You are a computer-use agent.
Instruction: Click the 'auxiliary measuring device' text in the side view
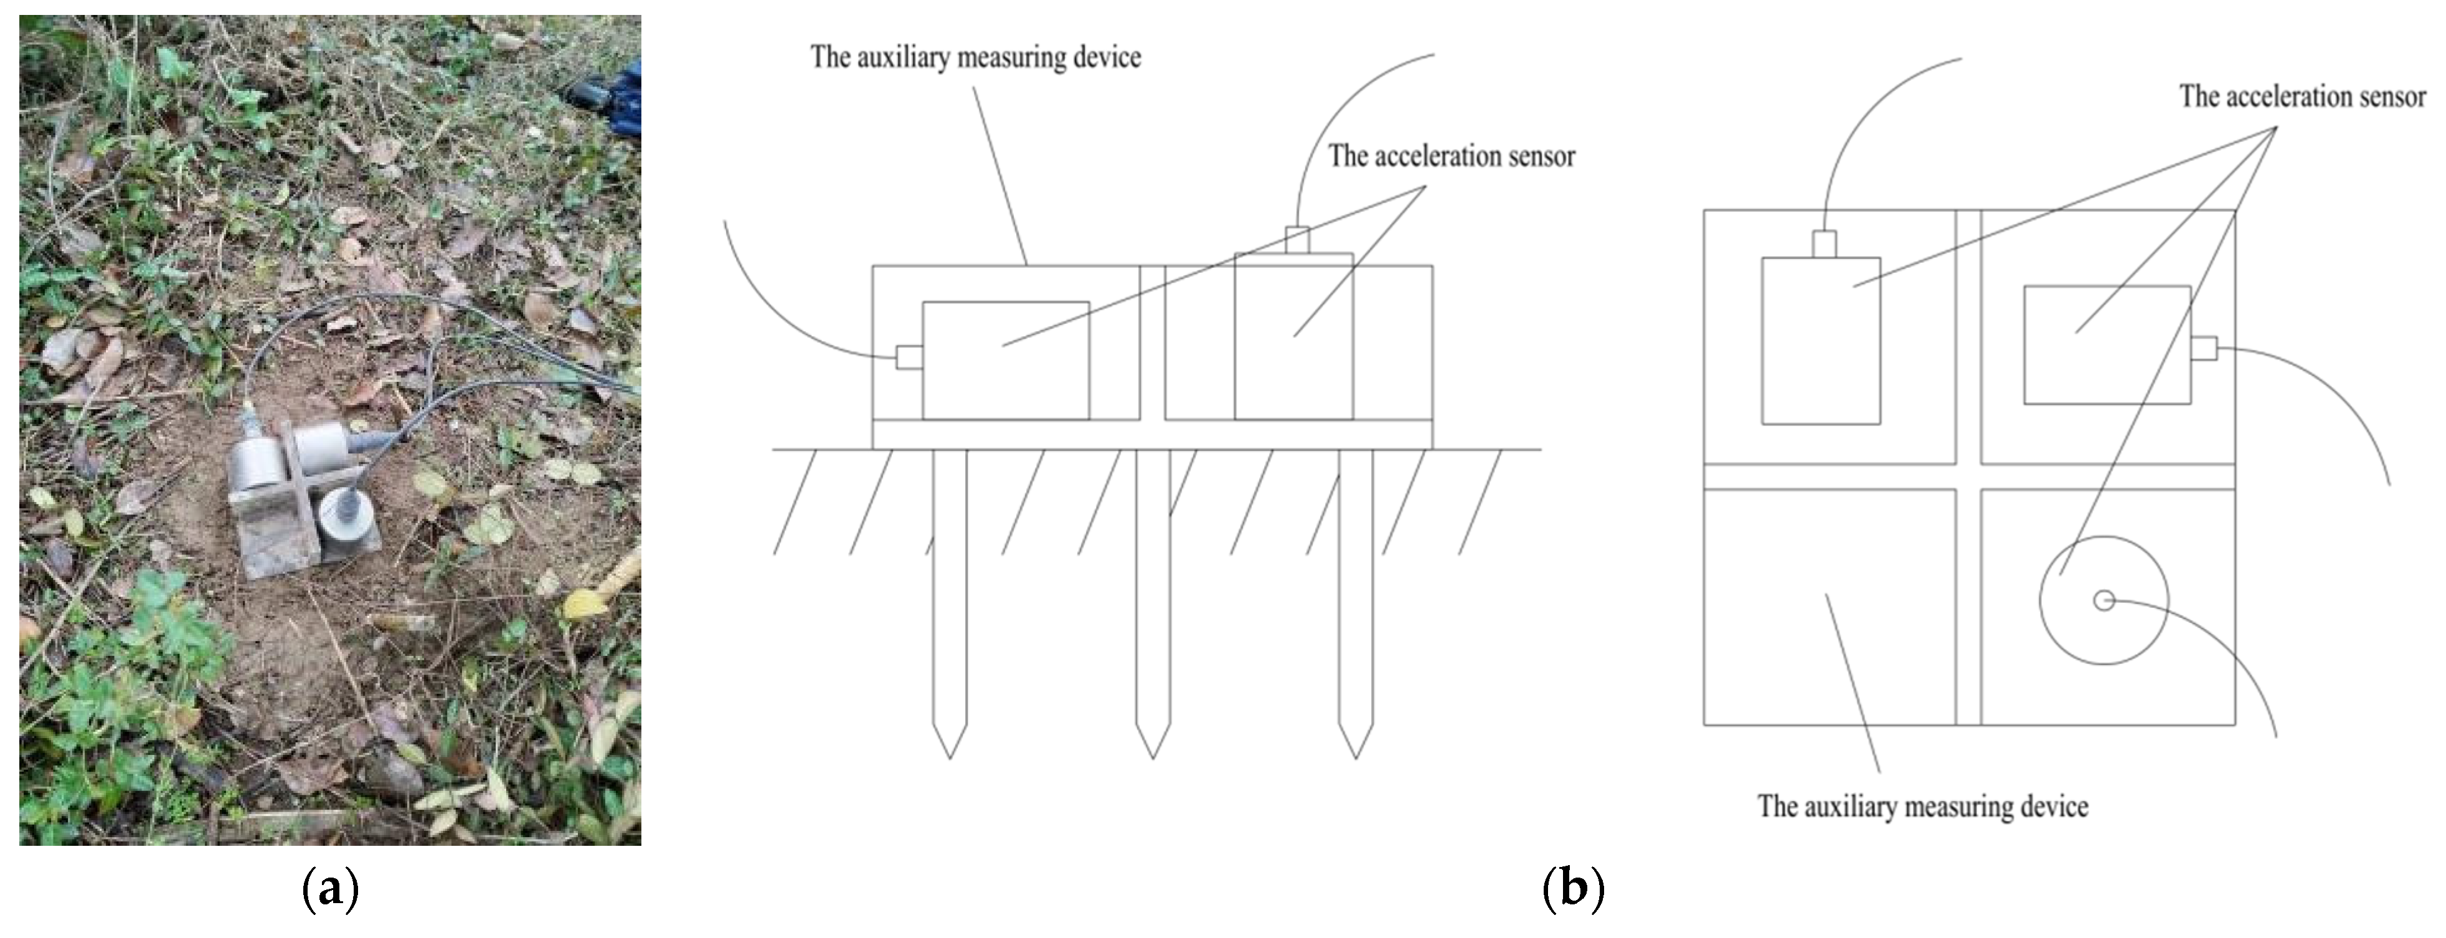(x=975, y=57)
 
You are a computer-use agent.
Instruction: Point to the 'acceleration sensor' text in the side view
(x=1451, y=156)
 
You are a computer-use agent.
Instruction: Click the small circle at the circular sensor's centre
(x=2104, y=600)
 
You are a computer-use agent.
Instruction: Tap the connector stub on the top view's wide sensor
(x=2203, y=348)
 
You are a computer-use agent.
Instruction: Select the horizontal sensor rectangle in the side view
(x=1006, y=361)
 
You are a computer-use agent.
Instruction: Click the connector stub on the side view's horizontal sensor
(x=909, y=357)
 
